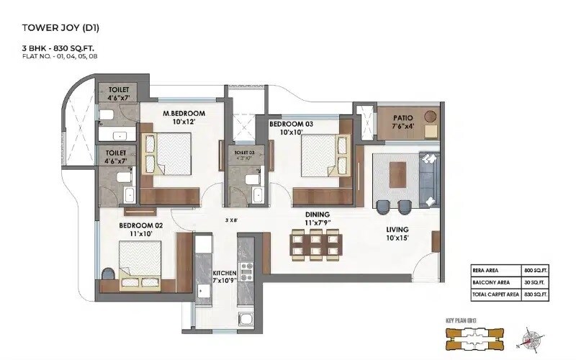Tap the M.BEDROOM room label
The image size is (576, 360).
coord(184,114)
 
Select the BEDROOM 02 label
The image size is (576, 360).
coord(140,225)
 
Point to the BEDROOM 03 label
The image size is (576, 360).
coord(291,124)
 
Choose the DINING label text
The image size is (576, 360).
coord(317,215)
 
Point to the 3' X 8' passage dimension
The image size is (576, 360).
coord(233,220)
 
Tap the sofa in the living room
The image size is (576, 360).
coord(429,178)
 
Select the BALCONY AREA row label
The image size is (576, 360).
coord(492,282)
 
